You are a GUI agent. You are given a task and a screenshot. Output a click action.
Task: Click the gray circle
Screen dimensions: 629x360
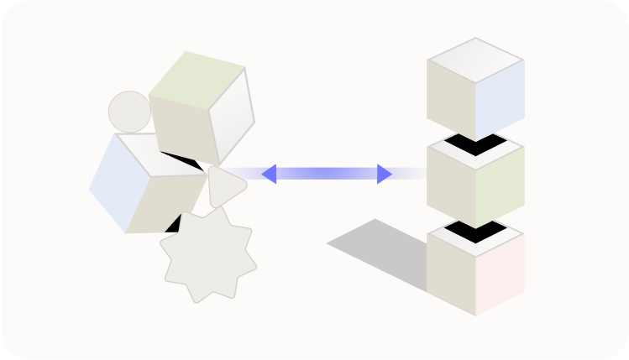(x=129, y=112)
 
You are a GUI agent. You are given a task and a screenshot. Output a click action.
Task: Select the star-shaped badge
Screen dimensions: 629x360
(x=207, y=255)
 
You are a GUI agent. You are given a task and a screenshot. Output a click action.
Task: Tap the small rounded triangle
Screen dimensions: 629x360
(x=224, y=185)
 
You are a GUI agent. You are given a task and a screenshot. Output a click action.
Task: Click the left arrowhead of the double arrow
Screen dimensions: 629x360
(x=270, y=174)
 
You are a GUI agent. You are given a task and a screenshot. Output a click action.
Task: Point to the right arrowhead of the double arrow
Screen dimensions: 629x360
(x=384, y=174)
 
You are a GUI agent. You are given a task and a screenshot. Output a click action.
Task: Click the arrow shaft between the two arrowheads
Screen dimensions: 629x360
(x=327, y=174)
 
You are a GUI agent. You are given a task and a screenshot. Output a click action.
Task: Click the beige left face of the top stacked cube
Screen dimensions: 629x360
(x=451, y=100)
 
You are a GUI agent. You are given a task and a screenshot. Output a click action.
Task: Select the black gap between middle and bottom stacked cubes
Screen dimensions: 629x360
(x=475, y=230)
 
